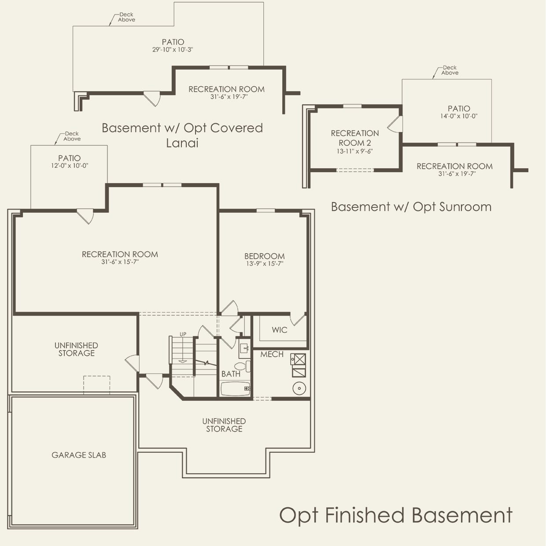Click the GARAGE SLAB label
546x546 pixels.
click(x=79, y=455)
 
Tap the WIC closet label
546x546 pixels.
click(x=279, y=330)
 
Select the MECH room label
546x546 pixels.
click(x=272, y=354)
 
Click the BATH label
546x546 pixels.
click(x=231, y=374)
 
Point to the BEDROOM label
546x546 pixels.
click(x=264, y=256)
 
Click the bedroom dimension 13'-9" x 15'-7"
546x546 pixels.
click(x=264, y=264)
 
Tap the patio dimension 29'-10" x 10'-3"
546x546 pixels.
click(x=173, y=50)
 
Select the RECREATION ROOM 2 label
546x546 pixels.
click(x=354, y=138)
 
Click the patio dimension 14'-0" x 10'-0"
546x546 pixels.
click(x=459, y=116)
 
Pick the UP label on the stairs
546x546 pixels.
click(x=183, y=335)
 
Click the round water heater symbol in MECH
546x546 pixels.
click(x=299, y=388)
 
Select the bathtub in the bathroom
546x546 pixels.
click(x=235, y=389)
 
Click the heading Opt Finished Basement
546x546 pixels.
click(x=396, y=515)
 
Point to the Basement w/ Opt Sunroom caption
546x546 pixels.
click(x=411, y=207)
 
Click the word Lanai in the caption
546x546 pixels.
click(x=182, y=143)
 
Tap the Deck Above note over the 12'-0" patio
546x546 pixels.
click(x=72, y=136)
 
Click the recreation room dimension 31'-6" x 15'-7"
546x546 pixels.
click(x=120, y=262)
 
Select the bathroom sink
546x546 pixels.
click(x=244, y=349)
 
